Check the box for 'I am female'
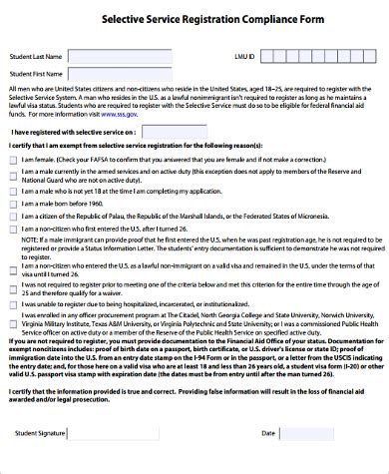point(12,159)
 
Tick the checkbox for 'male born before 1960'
point(12,202)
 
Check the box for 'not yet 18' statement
point(12,188)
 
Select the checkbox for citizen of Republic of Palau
point(12,216)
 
